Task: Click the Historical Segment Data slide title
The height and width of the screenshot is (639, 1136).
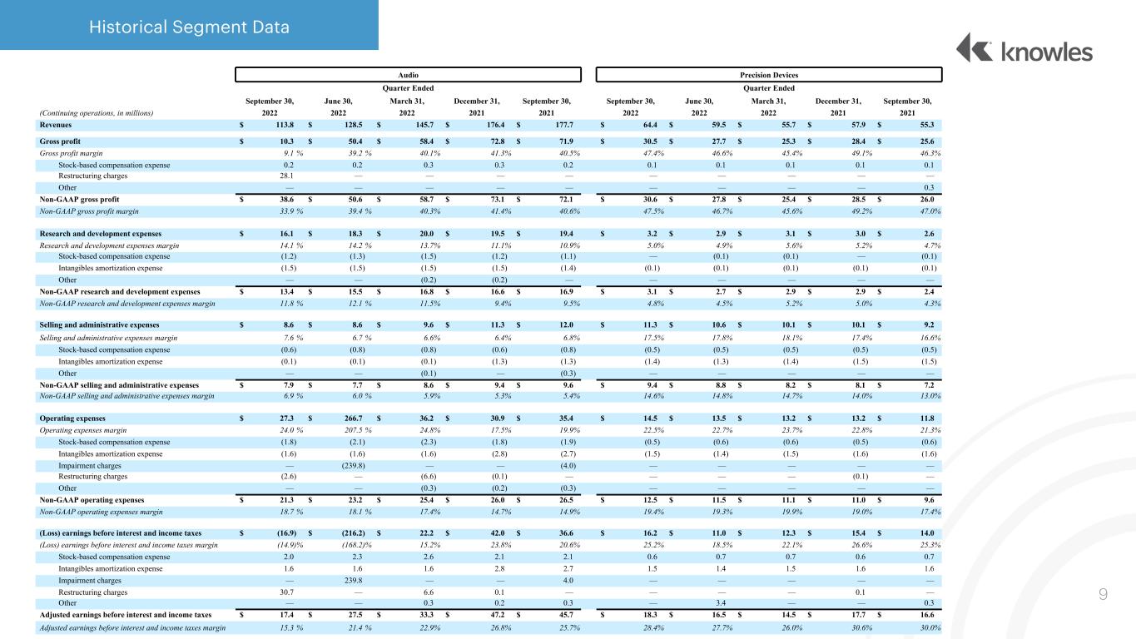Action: (189, 27)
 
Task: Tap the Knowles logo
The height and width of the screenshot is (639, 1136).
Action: (1024, 49)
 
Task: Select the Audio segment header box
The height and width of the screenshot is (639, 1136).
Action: (408, 75)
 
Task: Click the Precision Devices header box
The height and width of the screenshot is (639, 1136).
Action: (769, 75)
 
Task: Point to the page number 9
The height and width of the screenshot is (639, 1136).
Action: (1103, 594)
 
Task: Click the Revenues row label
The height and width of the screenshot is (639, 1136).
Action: (56, 125)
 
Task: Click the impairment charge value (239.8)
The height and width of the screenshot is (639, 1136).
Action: (354, 466)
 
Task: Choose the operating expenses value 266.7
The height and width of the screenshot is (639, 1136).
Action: (354, 419)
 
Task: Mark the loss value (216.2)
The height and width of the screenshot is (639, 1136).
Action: (354, 533)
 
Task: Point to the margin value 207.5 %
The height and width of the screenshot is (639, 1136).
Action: (357, 430)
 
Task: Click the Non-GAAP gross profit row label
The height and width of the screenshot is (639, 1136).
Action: (79, 200)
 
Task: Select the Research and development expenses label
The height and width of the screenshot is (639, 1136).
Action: (101, 234)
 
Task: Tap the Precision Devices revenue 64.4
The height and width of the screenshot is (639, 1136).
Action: (650, 125)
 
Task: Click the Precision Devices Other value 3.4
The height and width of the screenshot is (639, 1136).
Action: (721, 603)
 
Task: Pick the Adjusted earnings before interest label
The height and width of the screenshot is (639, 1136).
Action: (126, 615)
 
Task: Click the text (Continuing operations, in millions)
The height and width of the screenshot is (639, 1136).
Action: (97, 113)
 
